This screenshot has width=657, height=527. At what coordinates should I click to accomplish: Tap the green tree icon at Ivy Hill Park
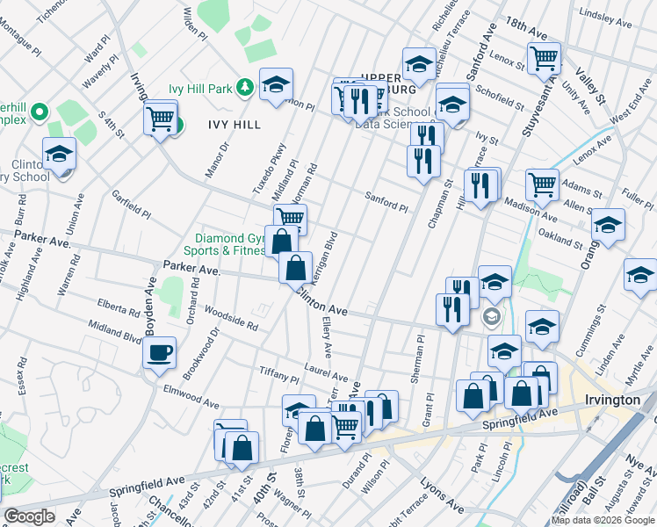point(245,88)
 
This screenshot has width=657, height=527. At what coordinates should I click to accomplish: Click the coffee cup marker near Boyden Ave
point(158,352)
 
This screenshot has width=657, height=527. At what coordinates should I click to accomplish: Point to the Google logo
point(29,516)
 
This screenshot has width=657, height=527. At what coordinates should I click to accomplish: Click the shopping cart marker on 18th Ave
point(544,58)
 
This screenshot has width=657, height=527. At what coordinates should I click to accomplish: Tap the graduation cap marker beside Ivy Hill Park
point(276,84)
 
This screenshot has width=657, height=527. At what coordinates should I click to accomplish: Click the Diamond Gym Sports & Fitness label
point(230,244)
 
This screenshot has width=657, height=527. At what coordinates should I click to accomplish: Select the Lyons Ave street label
point(442,496)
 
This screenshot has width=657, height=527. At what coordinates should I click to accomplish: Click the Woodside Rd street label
point(230,318)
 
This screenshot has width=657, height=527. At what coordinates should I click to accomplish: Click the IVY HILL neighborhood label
point(235,125)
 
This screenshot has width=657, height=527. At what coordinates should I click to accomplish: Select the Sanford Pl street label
point(386,201)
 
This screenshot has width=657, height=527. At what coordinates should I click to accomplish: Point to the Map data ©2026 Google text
point(602,520)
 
